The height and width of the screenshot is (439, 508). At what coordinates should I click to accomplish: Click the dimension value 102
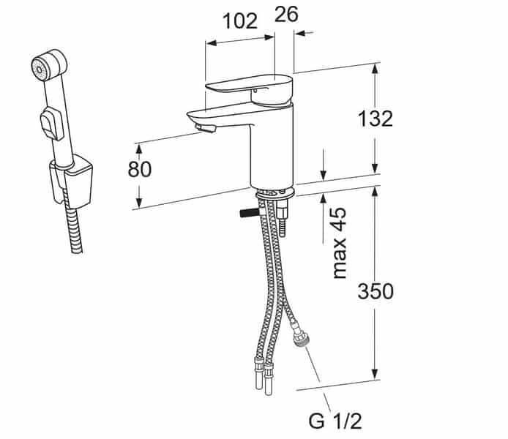(239, 20)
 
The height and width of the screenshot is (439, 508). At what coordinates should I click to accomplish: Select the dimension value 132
(376, 118)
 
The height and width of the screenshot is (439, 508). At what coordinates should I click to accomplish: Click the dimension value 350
(376, 290)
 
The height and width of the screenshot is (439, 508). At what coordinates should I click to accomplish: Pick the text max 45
(339, 242)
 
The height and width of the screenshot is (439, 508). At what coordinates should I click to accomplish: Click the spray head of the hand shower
(41, 65)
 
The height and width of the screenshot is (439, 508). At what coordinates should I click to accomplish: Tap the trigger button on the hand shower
(49, 122)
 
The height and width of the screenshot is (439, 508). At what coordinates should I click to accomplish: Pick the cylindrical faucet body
(271, 146)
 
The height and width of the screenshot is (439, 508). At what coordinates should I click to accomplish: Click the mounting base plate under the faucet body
(274, 193)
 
